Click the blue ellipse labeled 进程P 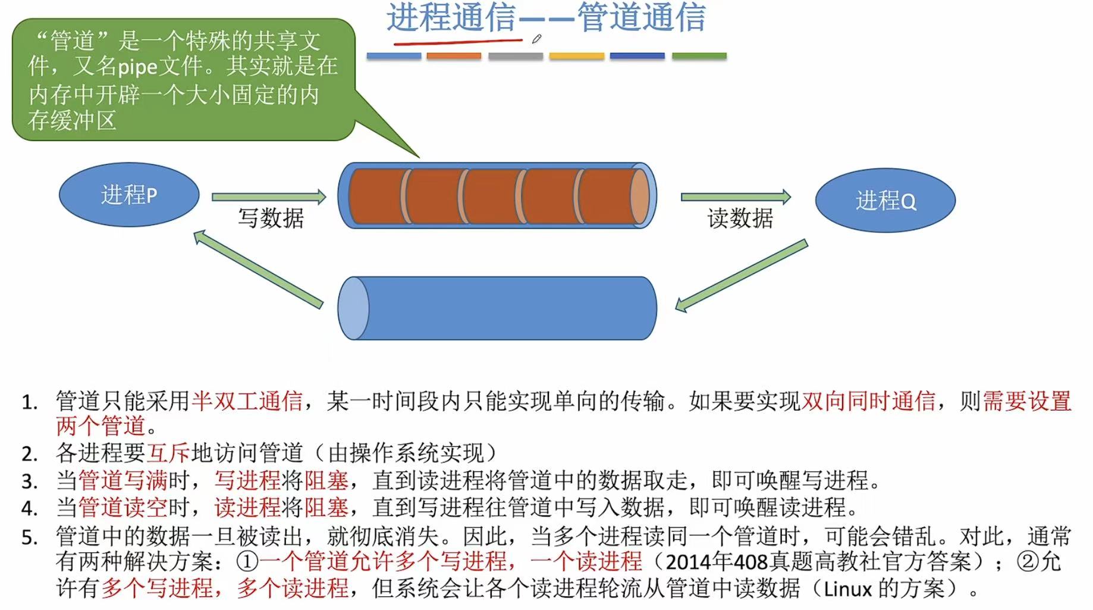click(x=129, y=195)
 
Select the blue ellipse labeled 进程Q click(x=885, y=201)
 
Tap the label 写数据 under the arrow click(x=271, y=218)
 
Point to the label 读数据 click(x=740, y=218)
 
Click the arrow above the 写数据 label click(x=269, y=197)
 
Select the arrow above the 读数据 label click(x=736, y=197)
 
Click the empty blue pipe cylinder click(x=497, y=308)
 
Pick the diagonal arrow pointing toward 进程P click(x=258, y=269)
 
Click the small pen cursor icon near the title click(x=536, y=39)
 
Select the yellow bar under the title click(x=576, y=56)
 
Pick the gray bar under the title click(x=516, y=56)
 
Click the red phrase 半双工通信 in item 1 click(x=247, y=401)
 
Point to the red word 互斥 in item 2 click(x=168, y=453)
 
